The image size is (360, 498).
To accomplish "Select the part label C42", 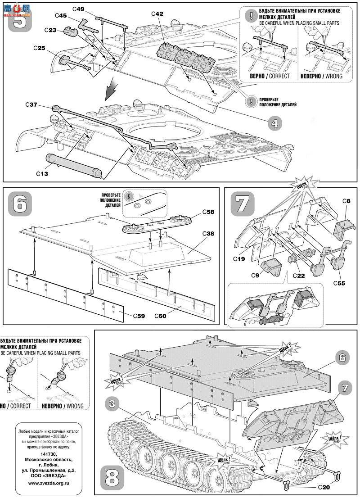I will tap(157, 14).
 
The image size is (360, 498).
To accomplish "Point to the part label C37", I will tap(31, 105).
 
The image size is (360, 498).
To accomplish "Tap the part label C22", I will tap(298, 275).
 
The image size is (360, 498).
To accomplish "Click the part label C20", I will tap(324, 487).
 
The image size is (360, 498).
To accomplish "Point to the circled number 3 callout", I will tap(112, 404).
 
